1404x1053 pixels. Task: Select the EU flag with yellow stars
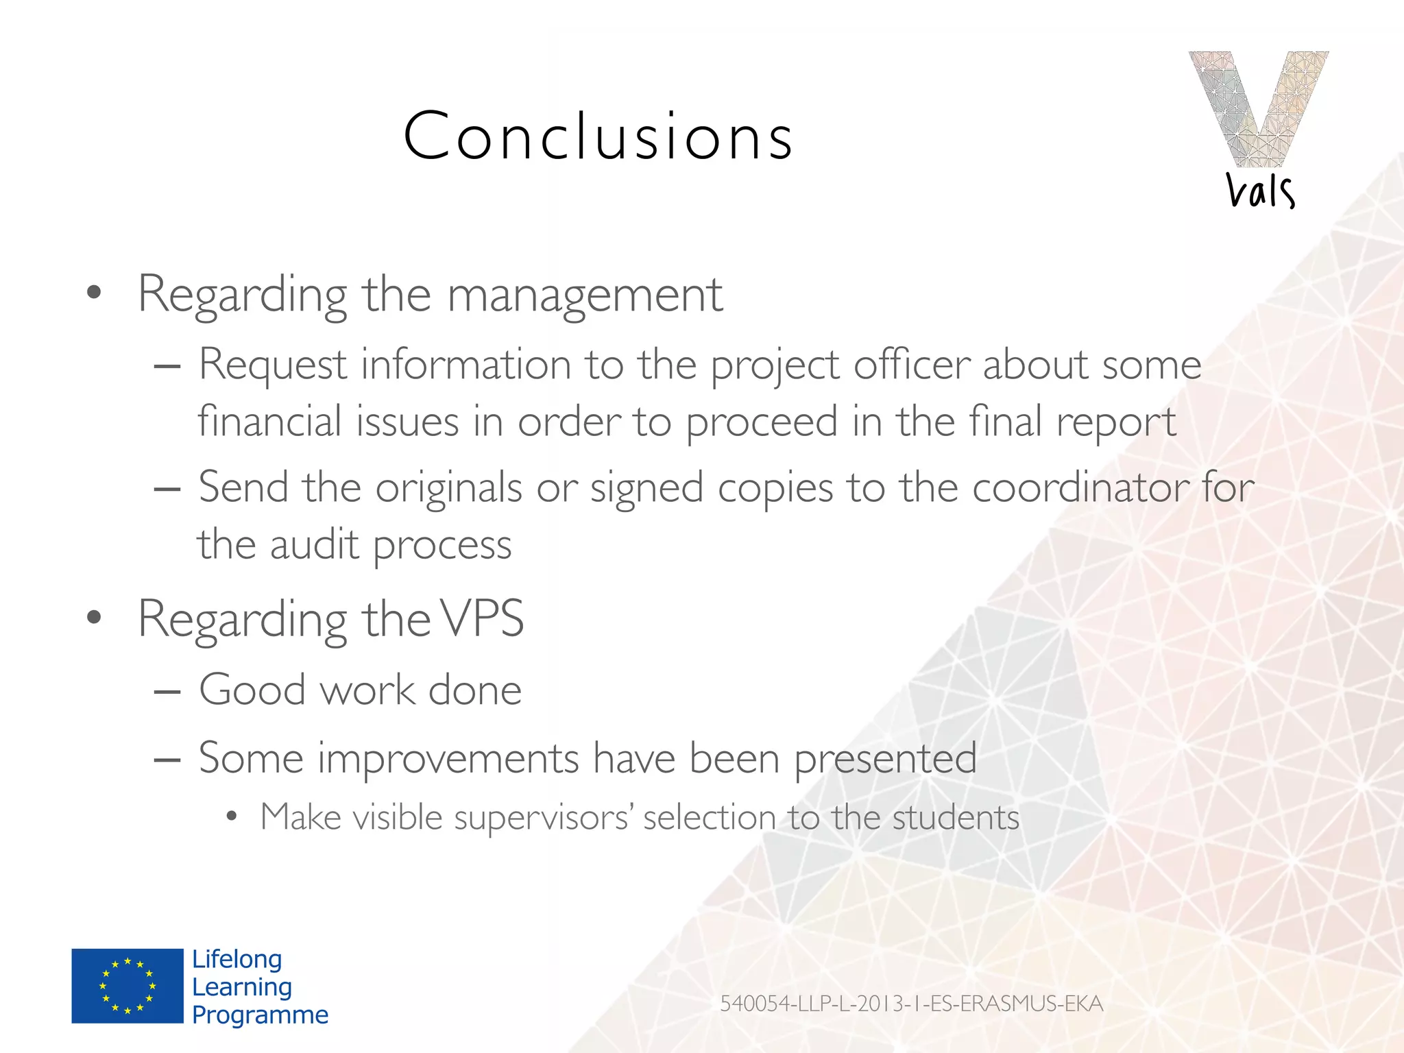click(128, 986)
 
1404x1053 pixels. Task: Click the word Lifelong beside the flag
click(237, 959)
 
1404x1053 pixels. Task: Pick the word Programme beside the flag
click(260, 1015)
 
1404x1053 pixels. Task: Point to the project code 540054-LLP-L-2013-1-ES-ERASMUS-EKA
click(911, 1004)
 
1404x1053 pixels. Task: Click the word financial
click(269, 421)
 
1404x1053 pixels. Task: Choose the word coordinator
click(1079, 487)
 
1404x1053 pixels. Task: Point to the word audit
click(314, 544)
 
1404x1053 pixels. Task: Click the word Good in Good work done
click(252, 689)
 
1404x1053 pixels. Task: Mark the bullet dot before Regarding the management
click(95, 293)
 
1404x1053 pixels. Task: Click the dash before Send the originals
click(167, 489)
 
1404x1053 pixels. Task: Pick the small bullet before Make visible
click(232, 816)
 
